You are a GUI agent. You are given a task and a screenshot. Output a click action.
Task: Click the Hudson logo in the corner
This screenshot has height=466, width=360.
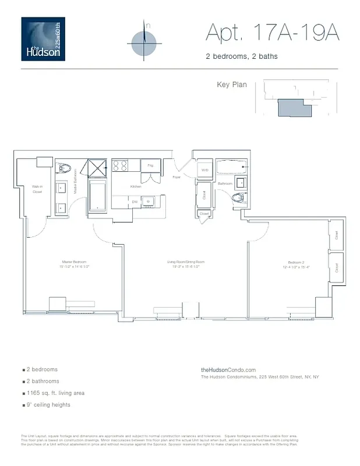click(43, 39)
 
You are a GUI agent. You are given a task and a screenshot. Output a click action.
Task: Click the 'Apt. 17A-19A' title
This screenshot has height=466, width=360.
click(272, 33)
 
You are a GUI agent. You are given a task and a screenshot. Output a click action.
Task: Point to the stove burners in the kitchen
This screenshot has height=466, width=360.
click(120, 165)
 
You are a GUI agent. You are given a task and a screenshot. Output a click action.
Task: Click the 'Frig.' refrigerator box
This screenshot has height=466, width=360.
click(150, 166)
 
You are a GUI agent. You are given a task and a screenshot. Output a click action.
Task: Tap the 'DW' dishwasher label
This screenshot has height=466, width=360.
click(135, 202)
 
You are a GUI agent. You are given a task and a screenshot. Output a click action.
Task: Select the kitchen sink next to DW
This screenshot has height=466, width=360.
click(149, 202)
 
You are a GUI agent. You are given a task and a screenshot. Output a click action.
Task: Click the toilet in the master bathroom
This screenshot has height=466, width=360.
click(65, 170)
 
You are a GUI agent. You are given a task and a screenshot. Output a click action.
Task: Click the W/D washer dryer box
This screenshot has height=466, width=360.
click(204, 170)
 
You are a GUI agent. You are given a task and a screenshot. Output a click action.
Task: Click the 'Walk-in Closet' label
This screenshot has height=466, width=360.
click(37, 189)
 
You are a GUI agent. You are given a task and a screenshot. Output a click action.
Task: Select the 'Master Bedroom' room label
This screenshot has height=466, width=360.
click(74, 262)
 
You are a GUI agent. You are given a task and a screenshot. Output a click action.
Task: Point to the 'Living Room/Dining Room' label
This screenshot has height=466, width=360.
click(186, 262)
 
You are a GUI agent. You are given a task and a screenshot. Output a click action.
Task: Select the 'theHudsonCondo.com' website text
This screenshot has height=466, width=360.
click(228, 370)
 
